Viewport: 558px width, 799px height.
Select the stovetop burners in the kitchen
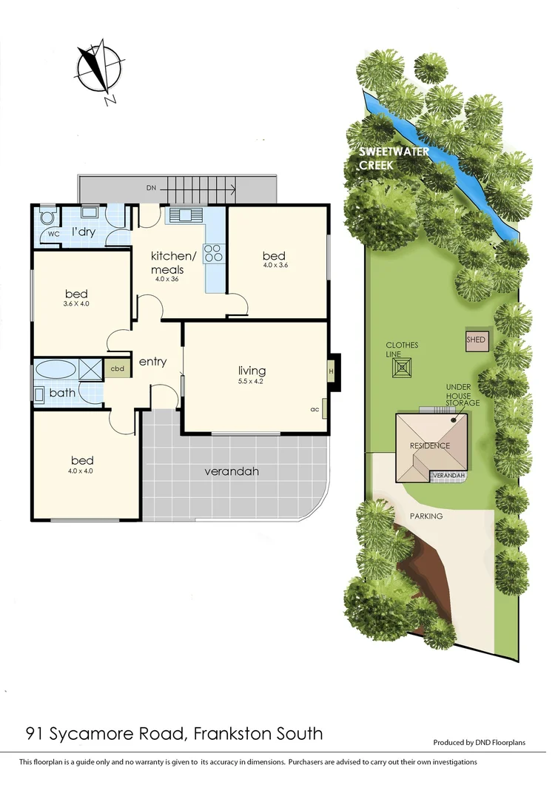pos(213,253)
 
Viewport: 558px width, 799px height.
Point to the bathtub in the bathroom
pos(56,369)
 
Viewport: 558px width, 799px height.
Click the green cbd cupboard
pos(117,368)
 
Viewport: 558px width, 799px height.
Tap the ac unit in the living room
pos(315,409)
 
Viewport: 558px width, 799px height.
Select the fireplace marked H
pos(332,371)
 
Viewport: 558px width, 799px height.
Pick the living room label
pos(252,371)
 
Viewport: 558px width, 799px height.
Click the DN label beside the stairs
pos(151,189)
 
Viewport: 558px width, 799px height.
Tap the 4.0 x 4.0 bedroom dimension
pos(81,471)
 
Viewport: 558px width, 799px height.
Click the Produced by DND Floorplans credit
pos(479,742)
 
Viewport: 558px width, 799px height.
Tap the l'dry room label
pos(83,232)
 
